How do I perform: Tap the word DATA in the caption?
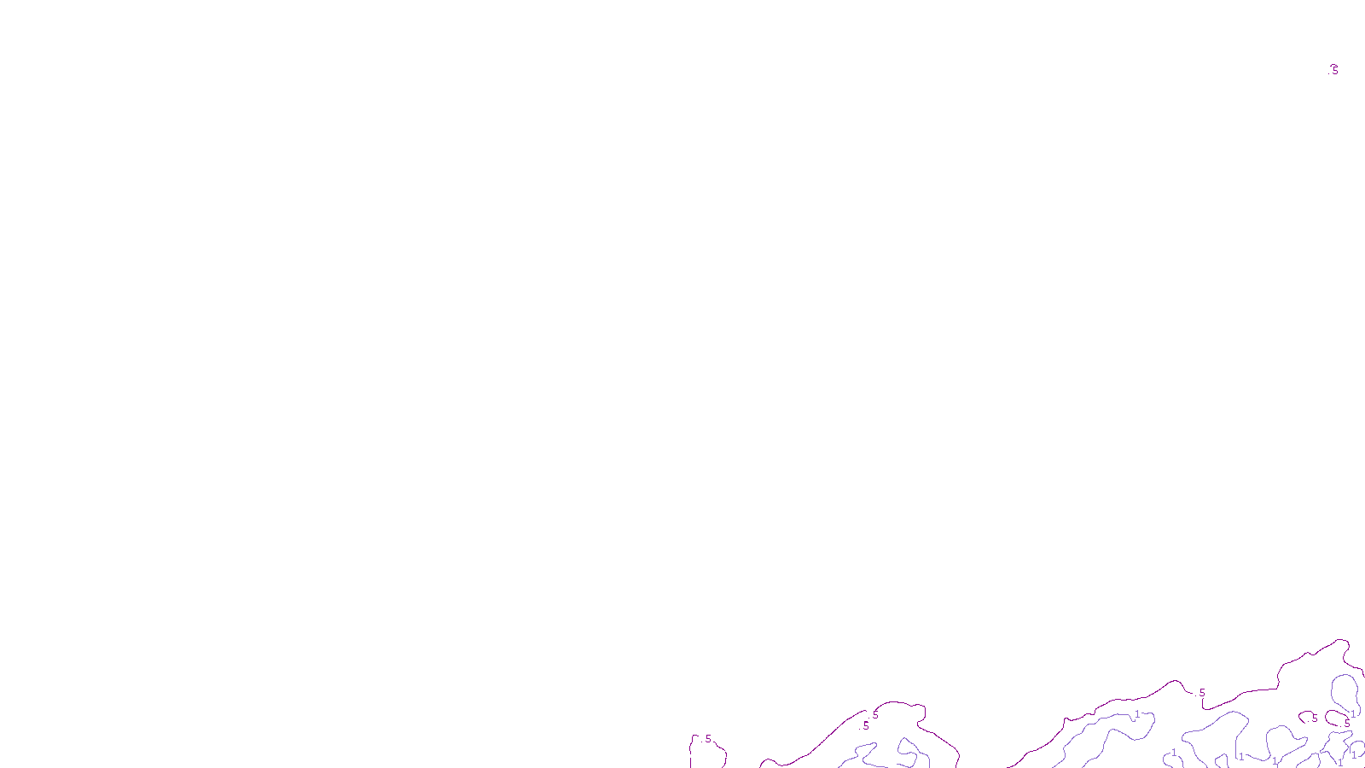coord(722,754)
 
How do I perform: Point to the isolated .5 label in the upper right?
coord(1335,70)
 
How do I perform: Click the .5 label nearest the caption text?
coord(707,739)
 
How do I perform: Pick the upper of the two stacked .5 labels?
coord(875,715)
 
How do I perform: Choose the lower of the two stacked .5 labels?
coord(866,726)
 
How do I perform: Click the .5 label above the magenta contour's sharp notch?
coord(1201,693)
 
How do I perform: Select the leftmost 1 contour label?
coord(1137,714)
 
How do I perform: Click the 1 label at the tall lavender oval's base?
coord(1353,713)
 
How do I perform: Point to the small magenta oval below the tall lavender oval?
coord(1338,719)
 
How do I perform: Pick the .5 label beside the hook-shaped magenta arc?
coord(1314,719)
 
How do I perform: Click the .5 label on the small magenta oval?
coord(1347,724)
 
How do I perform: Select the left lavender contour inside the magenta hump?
coord(862,754)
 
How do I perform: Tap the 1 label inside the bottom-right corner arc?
coord(1354,754)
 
